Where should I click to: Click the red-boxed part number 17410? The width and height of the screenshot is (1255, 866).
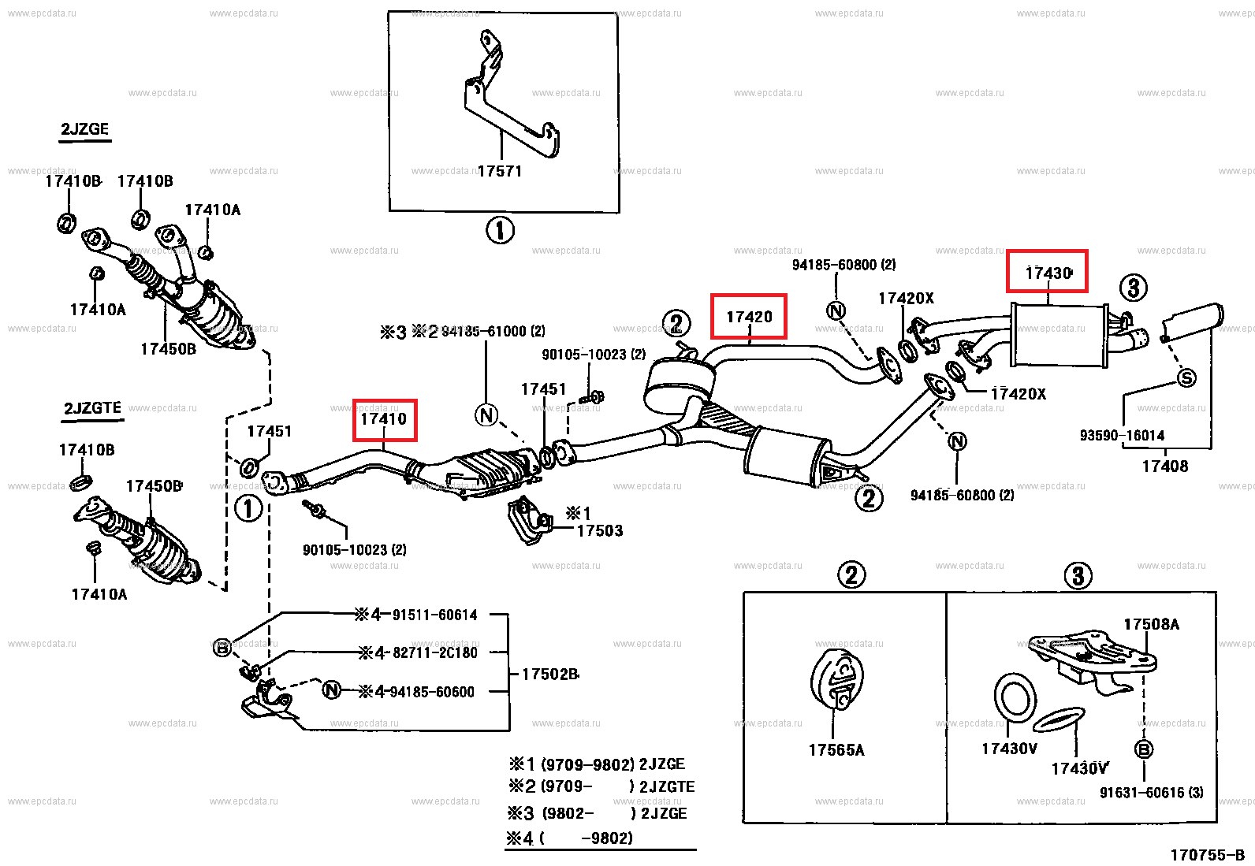tap(384, 419)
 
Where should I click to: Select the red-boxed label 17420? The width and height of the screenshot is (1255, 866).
tap(749, 317)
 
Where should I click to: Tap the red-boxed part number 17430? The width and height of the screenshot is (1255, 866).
tap(1048, 273)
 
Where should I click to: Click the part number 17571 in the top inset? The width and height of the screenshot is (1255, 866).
tap(500, 171)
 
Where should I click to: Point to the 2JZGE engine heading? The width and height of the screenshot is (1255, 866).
tap(85, 129)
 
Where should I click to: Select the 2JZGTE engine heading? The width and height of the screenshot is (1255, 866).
tap(92, 408)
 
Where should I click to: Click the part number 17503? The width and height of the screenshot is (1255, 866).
tap(600, 531)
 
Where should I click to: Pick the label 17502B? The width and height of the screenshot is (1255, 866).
tap(550, 675)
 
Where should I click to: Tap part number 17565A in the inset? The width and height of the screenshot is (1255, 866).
tap(836, 750)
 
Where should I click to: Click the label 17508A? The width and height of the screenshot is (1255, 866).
tap(1151, 624)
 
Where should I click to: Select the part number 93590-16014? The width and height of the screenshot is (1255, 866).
tap(1122, 435)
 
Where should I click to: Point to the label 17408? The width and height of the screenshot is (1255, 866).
tap(1164, 466)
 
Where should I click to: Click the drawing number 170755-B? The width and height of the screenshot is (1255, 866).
tap(1207, 855)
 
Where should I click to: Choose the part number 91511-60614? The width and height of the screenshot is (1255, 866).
tap(434, 615)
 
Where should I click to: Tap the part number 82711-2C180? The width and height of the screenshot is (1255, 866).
tap(436, 653)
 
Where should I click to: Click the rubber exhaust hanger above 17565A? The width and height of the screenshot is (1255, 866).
tap(837, 679)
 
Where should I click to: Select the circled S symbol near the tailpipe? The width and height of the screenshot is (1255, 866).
tap(1186, 378)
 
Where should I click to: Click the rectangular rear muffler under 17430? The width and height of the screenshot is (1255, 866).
tap(1059, 336)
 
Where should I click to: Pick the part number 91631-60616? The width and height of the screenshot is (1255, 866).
tap(1151, 793)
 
